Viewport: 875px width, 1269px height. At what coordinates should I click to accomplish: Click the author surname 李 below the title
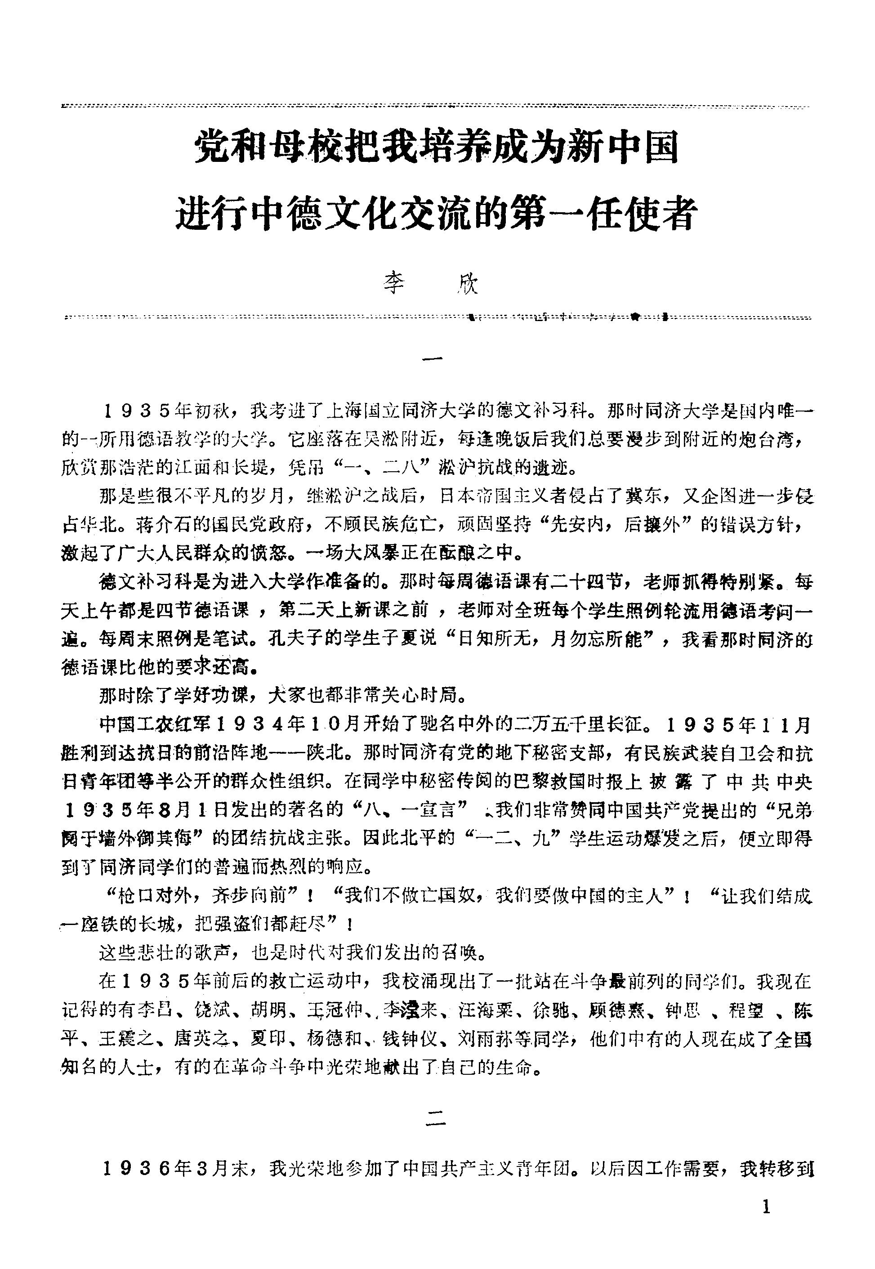393,284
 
